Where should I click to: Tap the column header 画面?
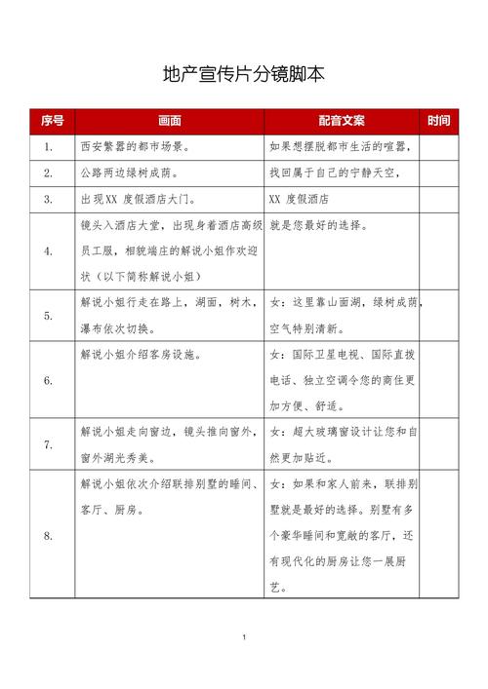coord(169,122)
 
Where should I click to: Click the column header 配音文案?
coord(341,122)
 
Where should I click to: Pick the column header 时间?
coord(439,122)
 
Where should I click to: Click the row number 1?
coord(49,148)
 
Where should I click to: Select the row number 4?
coord(49,250)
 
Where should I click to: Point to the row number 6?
coord(49,380)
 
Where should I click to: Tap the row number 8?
coord(49,536)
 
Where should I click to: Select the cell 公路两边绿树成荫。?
coord(128,173)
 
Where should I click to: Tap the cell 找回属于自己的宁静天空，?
coord(335,173)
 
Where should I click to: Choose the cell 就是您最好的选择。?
coord(318,225)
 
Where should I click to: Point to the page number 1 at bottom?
coord(243,637)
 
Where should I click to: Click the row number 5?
coord(49,316)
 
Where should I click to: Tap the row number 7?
coord(49,444)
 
